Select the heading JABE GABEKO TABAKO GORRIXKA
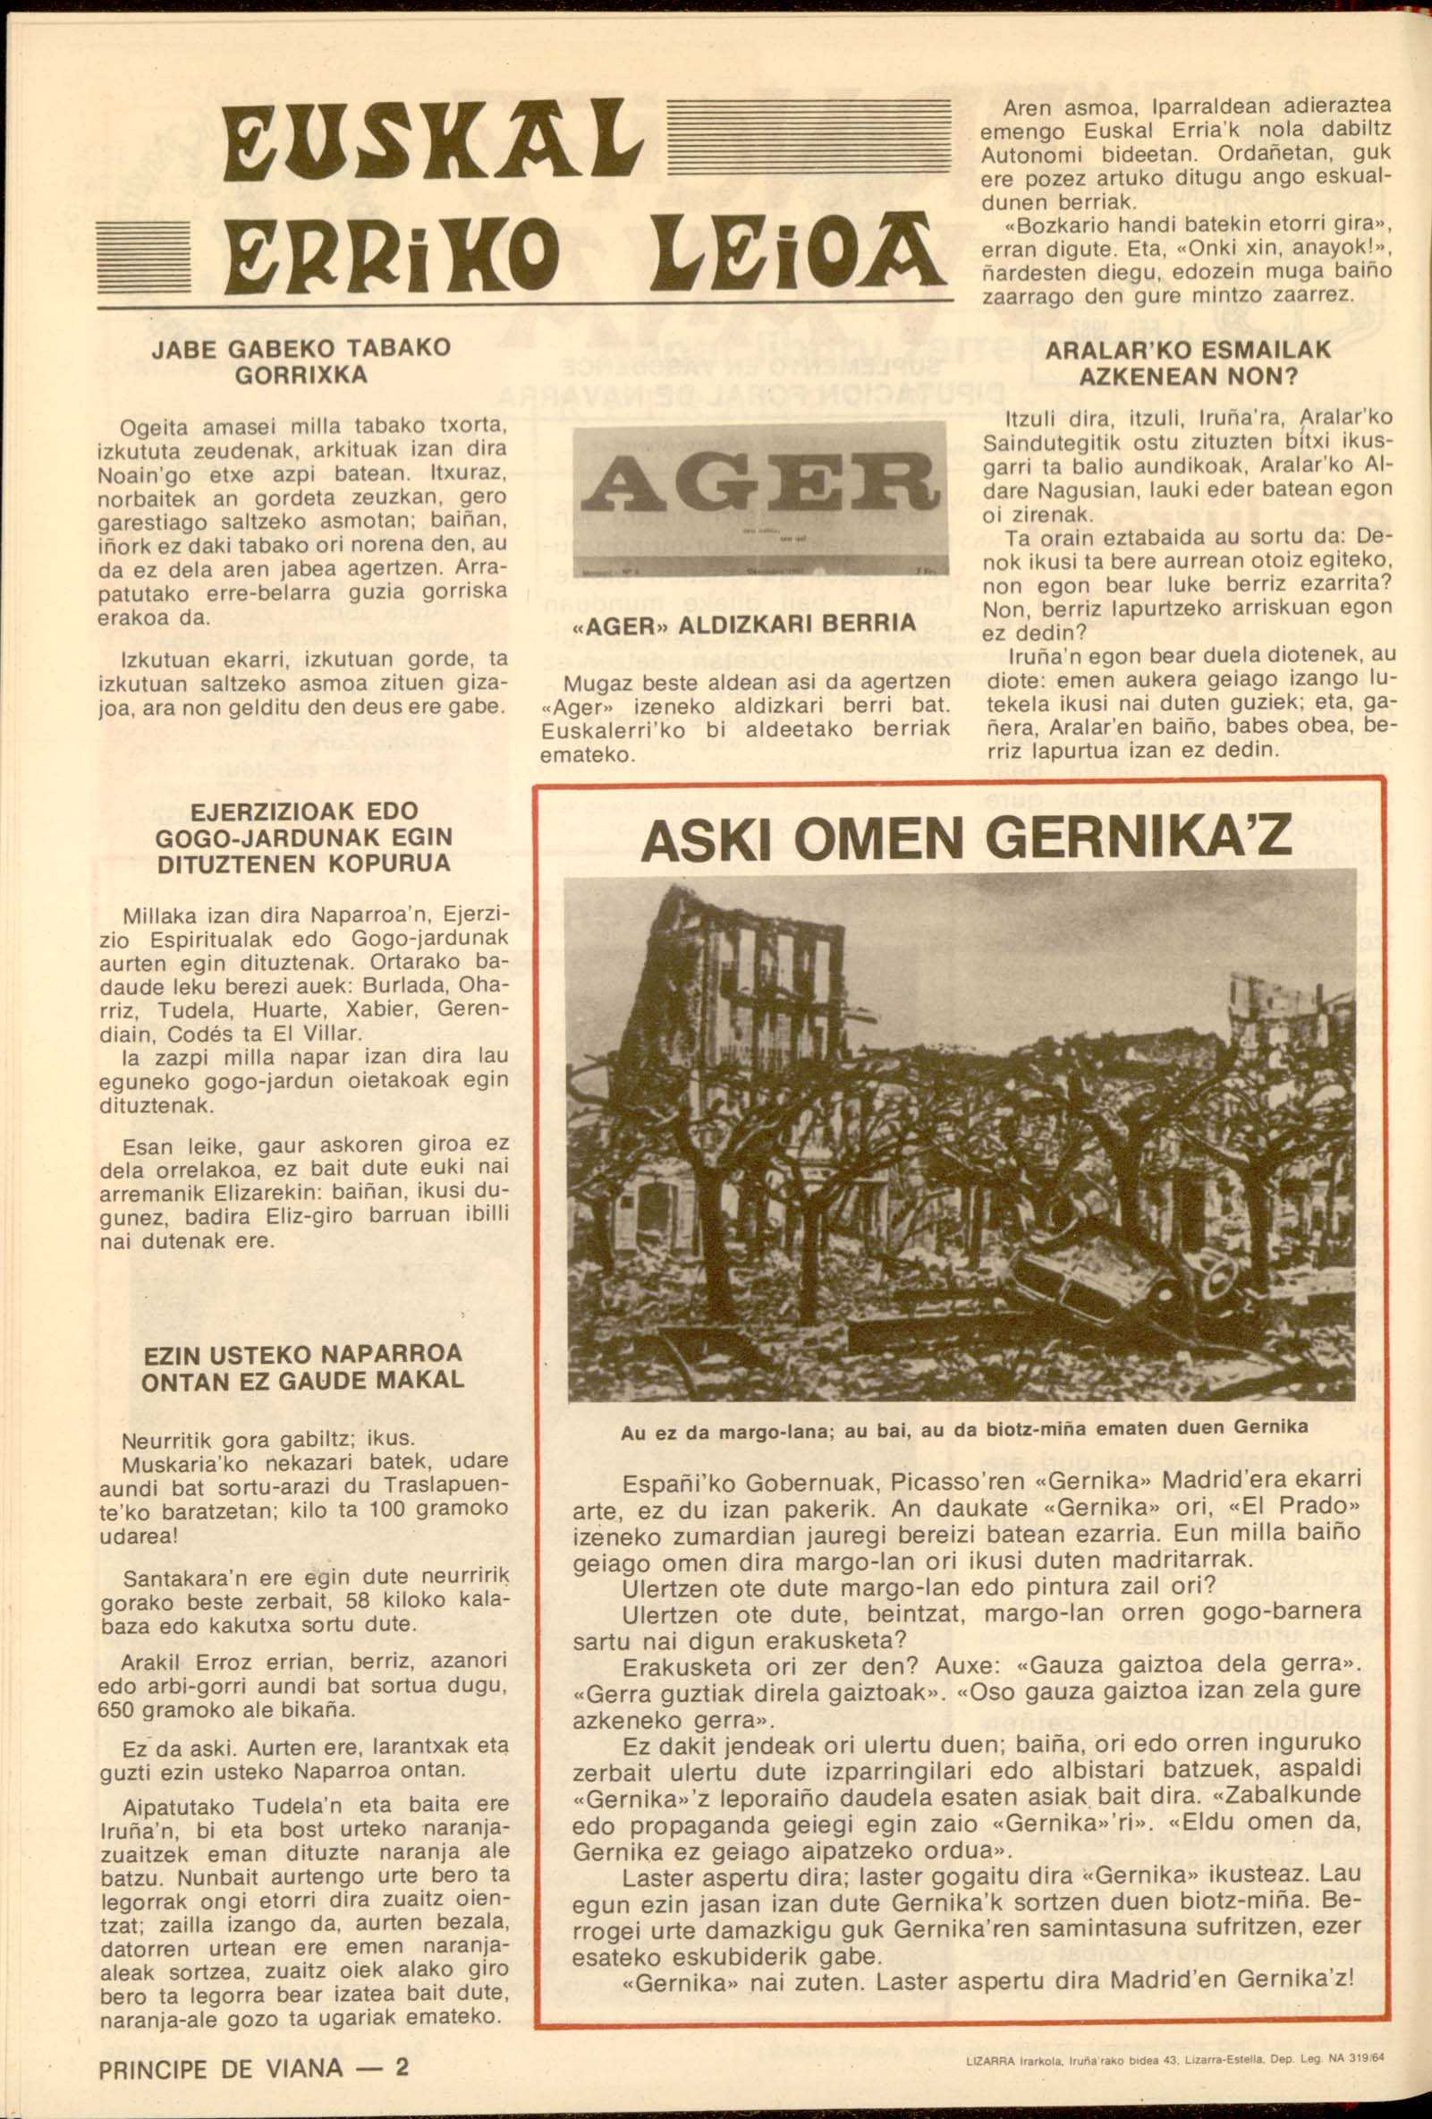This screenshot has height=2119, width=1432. pyautogui.click(x=301, y=362)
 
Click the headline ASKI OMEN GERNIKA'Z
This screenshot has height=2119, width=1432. pyautogui.click(x=965, y=839)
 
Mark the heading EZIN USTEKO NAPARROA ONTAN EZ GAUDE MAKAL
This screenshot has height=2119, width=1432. pyautogui.click(x=302, y=1365)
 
